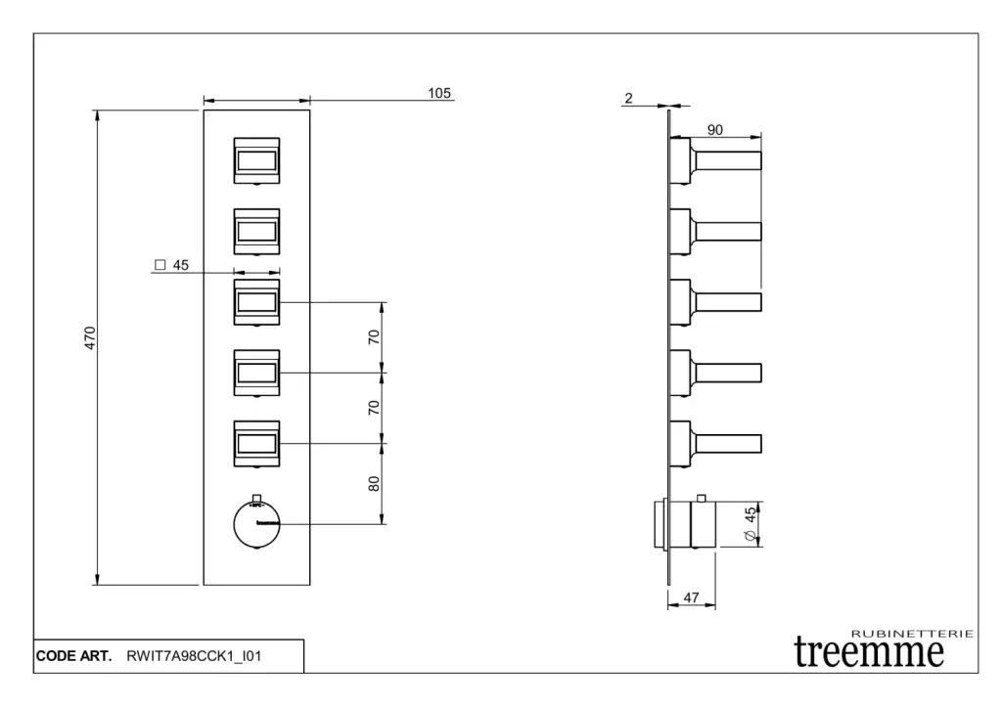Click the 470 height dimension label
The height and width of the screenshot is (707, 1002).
point(90,338)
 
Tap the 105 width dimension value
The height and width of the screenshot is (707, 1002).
point(439,93)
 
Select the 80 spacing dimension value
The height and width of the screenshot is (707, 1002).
point(374,483)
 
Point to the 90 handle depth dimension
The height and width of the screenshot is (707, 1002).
point(715,130)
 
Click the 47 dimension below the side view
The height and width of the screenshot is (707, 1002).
point(691,598)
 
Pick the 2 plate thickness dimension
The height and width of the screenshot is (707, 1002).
point(628,98)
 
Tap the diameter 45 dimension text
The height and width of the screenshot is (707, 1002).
point(751,524)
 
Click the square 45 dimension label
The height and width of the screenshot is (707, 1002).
point(171,265)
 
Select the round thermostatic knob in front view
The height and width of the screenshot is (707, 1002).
point(257,524)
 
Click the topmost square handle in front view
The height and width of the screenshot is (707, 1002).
point(257,159)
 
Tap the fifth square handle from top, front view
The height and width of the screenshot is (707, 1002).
point(257,444)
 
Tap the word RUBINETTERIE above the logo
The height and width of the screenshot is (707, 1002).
point(912,634)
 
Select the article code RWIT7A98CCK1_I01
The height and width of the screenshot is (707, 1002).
point(194,656)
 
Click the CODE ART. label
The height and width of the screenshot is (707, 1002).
point(74,656)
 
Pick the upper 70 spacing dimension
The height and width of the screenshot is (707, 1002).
point(374,337)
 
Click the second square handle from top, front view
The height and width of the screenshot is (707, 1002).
point(257,231)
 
